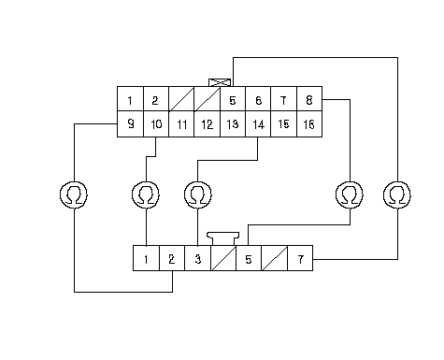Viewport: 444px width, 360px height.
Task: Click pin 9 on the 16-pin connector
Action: (130, 124)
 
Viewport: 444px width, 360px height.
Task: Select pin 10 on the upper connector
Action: (156, 124)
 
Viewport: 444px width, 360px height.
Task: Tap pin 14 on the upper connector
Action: (258, 124)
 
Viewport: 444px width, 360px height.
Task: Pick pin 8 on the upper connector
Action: (309, 99)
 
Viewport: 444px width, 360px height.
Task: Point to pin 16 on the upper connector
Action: (309, 124)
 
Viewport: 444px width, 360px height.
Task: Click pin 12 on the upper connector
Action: (208, 124)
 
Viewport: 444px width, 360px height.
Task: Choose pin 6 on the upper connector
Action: (258, 99)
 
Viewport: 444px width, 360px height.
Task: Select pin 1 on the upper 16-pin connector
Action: (130, 99)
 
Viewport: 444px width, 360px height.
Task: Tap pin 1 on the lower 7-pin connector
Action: (146, 258)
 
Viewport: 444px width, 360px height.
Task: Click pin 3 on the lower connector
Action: (197, 258)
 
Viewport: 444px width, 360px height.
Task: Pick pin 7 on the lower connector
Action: (300, 258)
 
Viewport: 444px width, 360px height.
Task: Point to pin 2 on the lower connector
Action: (172, 258)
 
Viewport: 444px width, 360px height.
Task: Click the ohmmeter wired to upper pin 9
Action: (74, 194)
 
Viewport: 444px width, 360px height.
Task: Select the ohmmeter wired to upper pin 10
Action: (146, 194)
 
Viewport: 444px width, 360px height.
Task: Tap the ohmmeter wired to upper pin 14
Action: (198, 194)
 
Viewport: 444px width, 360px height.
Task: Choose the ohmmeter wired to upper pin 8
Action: (350, 194)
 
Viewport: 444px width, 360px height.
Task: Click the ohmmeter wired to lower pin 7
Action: (397, 194)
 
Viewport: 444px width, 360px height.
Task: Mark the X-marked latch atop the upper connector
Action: (220, 82)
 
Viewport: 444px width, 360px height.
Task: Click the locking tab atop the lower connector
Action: (223, 238)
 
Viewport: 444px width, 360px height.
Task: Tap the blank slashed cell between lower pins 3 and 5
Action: (223, 258)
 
